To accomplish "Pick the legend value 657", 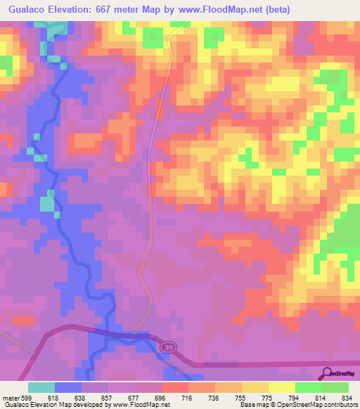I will click(108, 397).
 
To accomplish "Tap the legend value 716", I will click(188, 397).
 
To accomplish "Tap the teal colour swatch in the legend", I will click(41, 387).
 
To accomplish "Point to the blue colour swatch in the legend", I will click(68, 387).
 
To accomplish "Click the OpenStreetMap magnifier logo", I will click(328, 373).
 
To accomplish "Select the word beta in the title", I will click(274, 10).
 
